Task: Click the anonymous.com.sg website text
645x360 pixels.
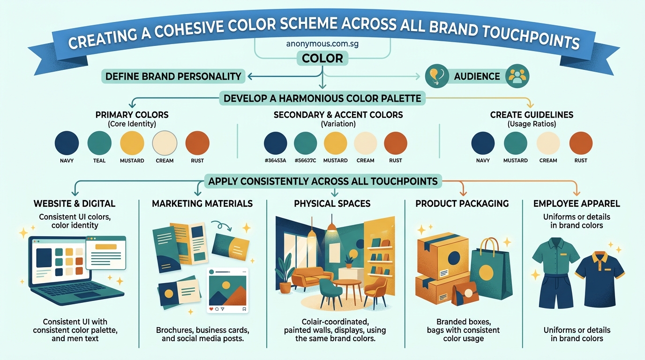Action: click(322, 45)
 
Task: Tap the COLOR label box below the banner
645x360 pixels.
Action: click(322, 59)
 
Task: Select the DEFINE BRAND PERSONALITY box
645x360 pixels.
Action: click(173, 76)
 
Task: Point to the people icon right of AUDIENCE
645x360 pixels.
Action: click(517, 75)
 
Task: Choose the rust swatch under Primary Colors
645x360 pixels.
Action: click(197, 142)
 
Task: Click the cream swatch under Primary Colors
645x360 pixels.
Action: click(165, 142)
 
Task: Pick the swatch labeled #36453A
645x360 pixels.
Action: click(275, 142)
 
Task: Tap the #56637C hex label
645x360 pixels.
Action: click(305, 160)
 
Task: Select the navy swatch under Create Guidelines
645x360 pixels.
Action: click(483, 142)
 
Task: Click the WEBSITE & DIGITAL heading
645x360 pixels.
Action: click(74, 203)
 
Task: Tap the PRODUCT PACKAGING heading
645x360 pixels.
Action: click(462, 203)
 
